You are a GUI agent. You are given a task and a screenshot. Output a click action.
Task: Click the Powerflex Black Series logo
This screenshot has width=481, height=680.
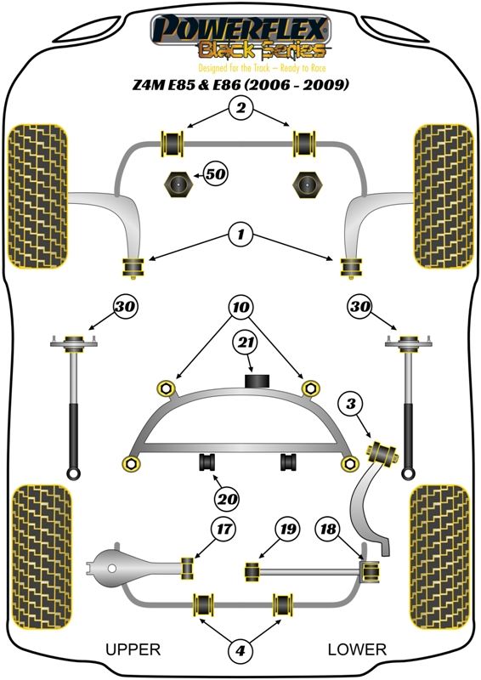[240, 37]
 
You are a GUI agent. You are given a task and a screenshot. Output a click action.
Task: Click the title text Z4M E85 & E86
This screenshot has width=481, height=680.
[187, 83]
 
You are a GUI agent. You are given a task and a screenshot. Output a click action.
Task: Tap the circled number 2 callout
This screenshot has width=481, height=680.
[240, 107]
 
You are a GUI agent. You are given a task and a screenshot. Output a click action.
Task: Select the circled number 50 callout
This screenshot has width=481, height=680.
[216, 174]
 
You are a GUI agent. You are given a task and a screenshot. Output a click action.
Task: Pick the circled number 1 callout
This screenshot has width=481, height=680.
[240, 235]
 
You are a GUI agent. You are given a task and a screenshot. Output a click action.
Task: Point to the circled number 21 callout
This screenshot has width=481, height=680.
[245, 343]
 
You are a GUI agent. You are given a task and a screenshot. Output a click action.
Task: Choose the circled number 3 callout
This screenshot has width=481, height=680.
[351, 404]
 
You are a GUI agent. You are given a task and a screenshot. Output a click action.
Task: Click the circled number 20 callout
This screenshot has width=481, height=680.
[227, 500]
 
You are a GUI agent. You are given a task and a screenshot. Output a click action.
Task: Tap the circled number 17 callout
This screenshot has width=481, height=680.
[224, 529]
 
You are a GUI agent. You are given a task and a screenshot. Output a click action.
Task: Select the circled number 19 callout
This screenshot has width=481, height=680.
[287, 529]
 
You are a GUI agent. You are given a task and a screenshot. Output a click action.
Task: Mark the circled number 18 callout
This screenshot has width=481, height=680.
[328, 529]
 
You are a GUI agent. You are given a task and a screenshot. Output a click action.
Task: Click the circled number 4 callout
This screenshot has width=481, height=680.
[240, 650]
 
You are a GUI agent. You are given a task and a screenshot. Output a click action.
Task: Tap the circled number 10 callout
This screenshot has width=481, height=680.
[240, 308]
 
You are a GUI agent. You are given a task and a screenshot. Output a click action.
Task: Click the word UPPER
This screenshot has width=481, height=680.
[133, 649]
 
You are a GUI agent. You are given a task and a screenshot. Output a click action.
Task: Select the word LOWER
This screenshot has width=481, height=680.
[357, 649]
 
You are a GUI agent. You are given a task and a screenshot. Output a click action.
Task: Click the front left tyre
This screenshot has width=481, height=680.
[38, 196]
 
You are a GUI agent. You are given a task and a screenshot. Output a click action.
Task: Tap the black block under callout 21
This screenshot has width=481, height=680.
[257, 380]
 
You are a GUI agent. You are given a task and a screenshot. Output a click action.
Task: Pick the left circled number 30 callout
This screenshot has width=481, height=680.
[125, 307]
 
